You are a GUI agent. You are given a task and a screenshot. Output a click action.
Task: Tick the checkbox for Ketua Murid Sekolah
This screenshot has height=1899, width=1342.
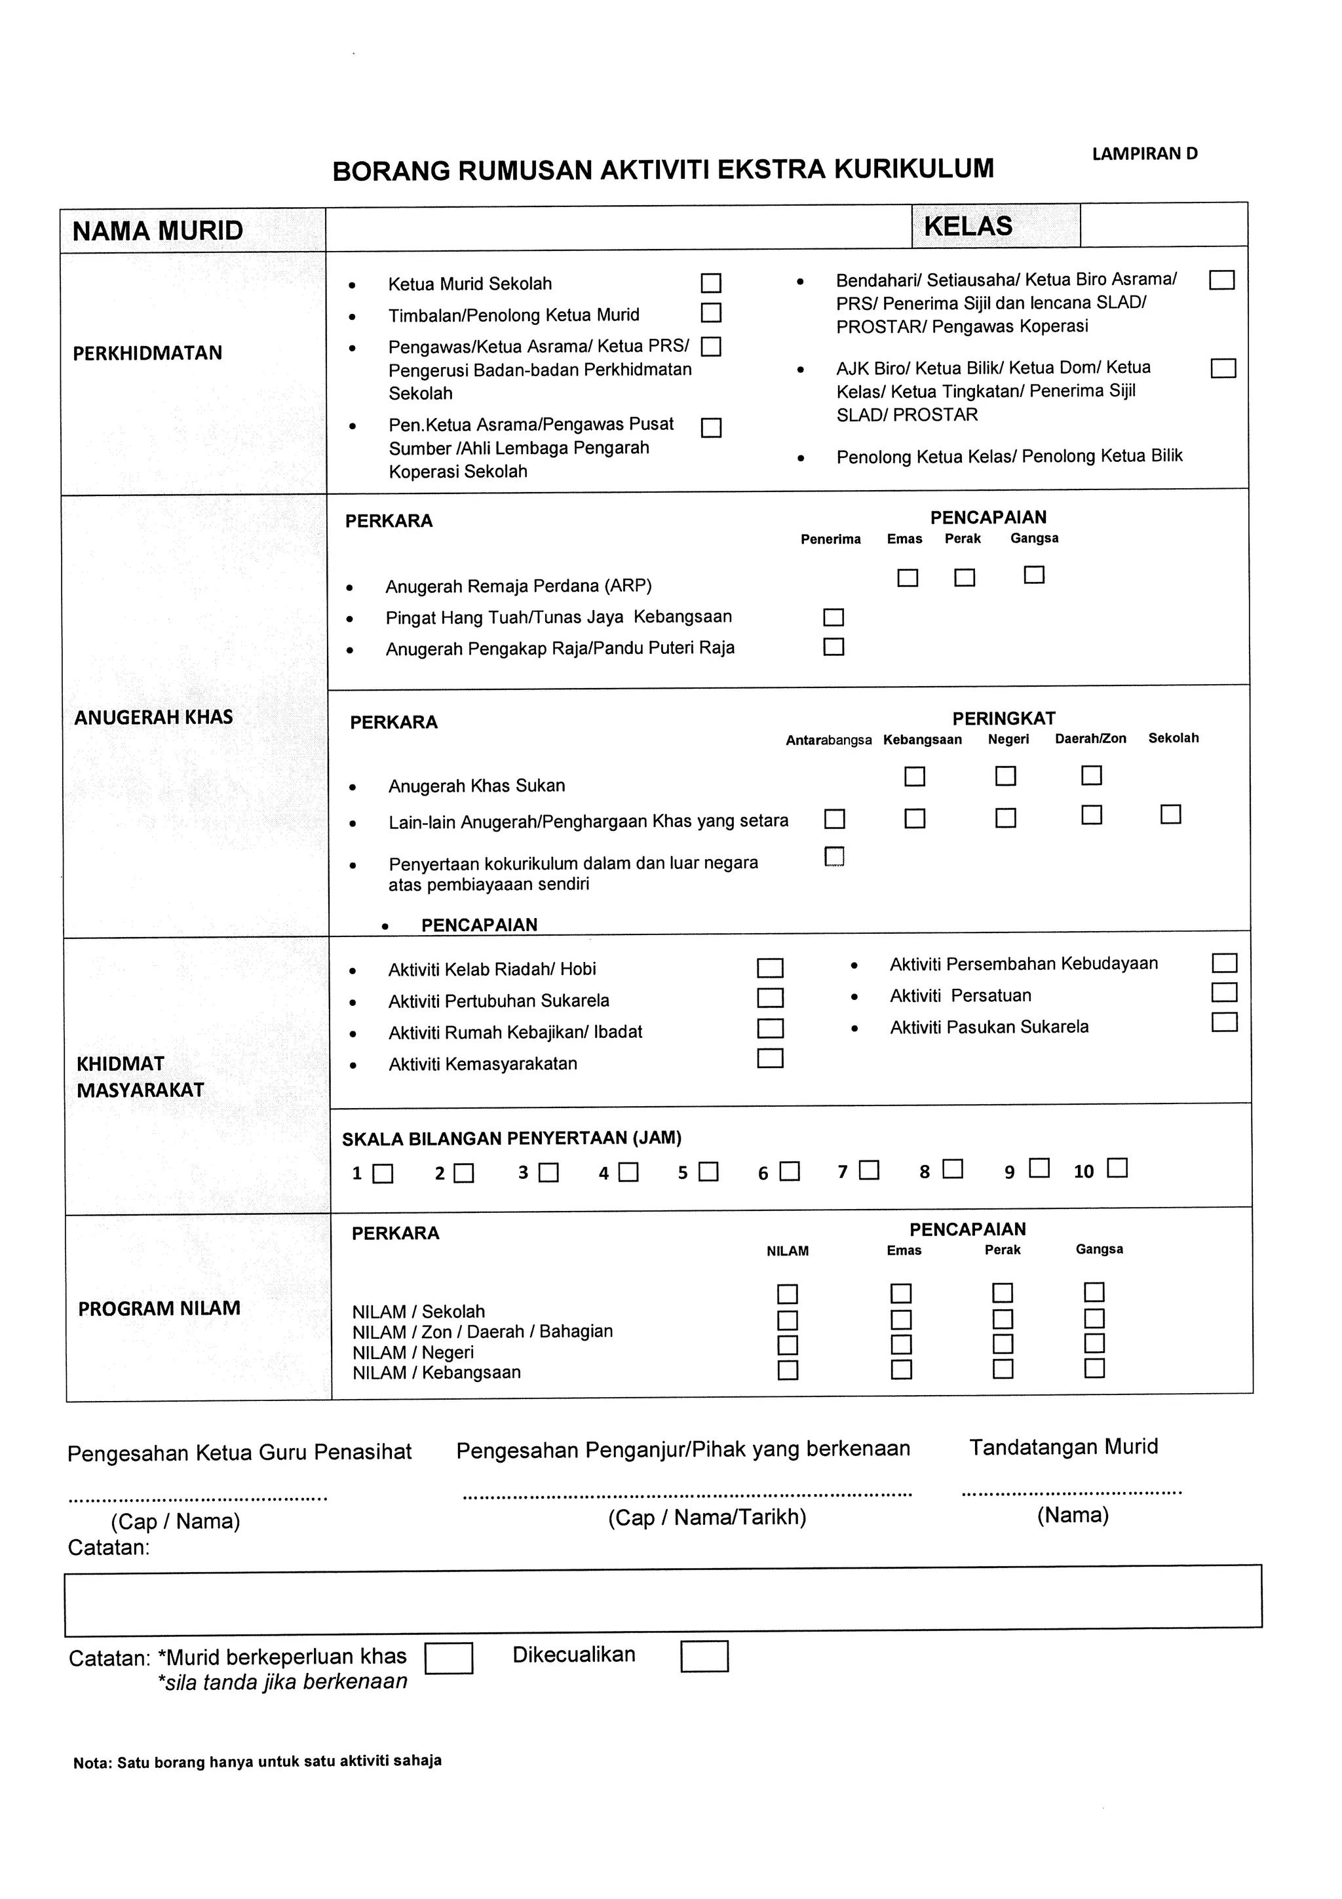pos(710,284)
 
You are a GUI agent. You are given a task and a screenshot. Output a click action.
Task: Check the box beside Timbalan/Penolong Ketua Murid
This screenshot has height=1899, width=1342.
pos(710,313)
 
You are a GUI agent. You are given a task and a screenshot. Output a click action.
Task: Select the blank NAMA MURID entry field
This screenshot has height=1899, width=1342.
pos(618,229)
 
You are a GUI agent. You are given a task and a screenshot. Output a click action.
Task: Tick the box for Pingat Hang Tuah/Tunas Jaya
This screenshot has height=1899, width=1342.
pos(834,618)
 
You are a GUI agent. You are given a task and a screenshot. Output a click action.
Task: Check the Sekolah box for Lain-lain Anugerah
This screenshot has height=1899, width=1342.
pos(1170,815)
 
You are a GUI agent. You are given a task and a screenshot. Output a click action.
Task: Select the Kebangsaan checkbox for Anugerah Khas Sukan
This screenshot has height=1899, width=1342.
pos(915,777)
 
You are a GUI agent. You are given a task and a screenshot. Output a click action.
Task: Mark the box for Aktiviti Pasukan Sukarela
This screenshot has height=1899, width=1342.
pos(1224,1023)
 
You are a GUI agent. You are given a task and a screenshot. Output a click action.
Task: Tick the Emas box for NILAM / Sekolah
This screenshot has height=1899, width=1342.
pos(900,1294)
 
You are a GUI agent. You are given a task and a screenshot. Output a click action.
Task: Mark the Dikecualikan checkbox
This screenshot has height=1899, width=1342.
pos(704,1657)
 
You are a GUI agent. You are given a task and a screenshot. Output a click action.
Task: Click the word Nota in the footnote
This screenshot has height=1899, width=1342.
pos(91,1763)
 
